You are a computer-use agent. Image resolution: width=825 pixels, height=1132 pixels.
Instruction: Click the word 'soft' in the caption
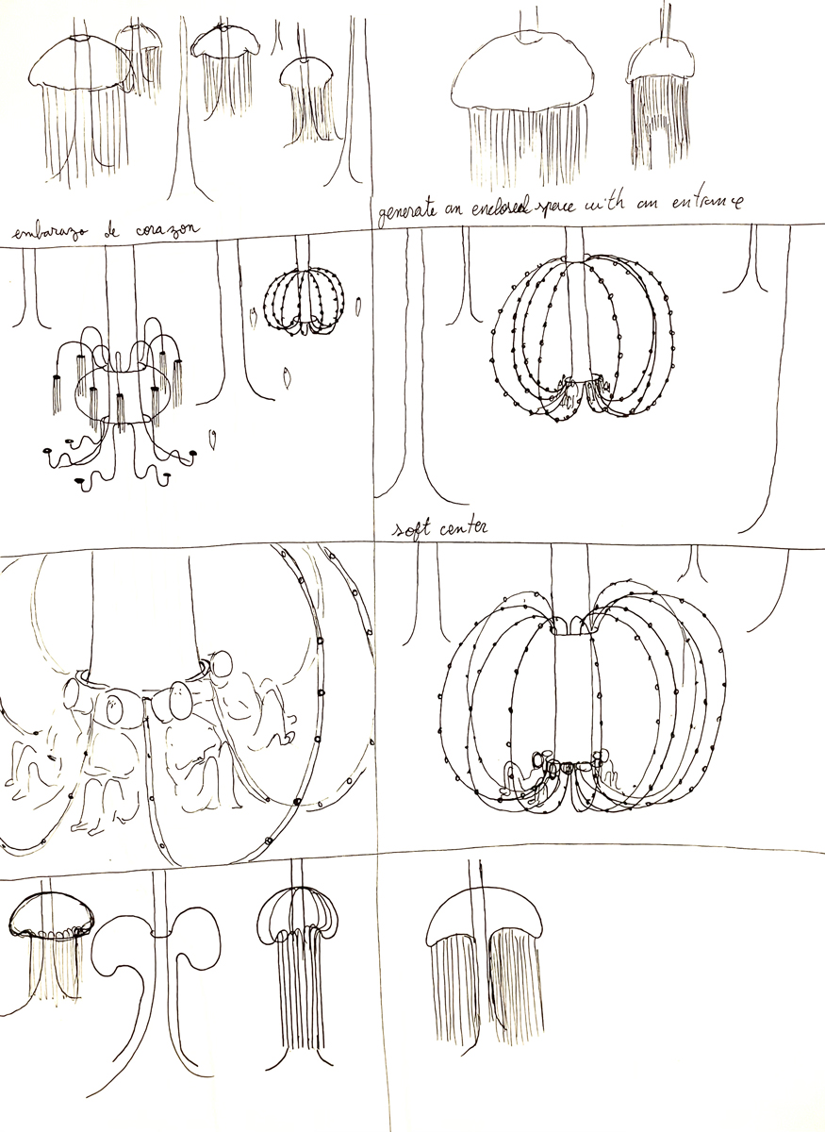click(414, 529)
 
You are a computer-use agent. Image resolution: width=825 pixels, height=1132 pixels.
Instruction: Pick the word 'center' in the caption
click(465, 529)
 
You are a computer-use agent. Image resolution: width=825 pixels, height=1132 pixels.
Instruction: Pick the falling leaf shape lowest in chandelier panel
click(214, 438)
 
